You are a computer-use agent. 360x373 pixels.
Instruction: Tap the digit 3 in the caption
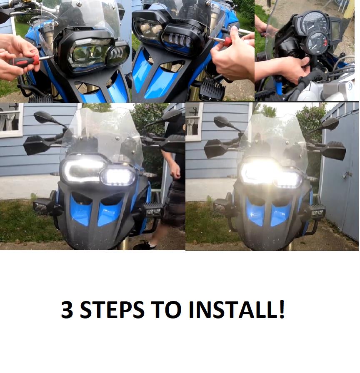click(67, 309)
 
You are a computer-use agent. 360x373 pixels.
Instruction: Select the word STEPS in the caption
click(112, 309)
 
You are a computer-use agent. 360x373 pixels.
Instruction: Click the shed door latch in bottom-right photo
click(346, 175)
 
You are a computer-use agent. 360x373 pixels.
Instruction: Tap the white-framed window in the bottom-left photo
click(11, 120)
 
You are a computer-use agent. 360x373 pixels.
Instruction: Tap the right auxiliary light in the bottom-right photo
click(317, 211)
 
